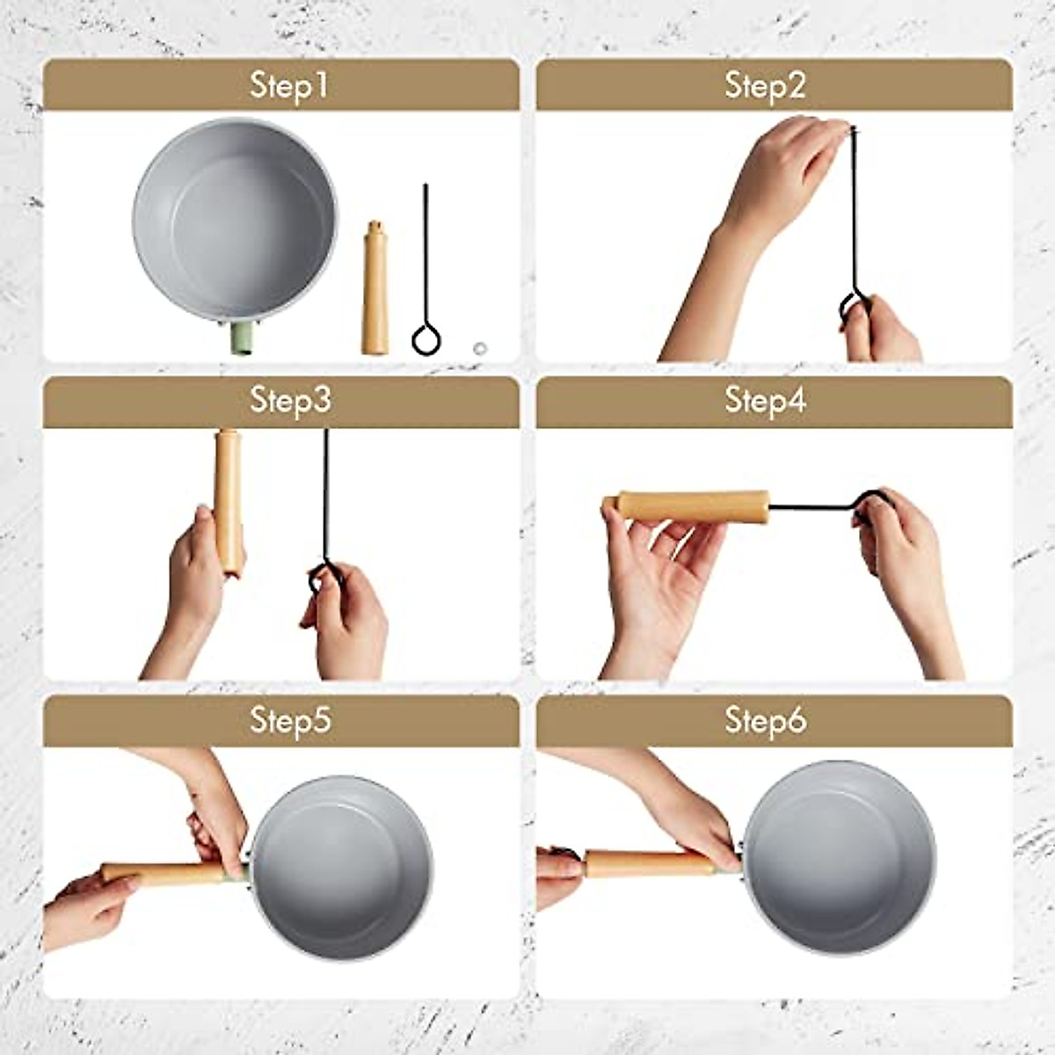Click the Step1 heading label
[x=288, y=86]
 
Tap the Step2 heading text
[x=765, y=86]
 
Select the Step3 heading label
[x=290, y=400]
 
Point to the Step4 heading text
[x=765, y=400]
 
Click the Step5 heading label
[x=290, y=720]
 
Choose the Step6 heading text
[x=765, y=720]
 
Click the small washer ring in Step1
[x=480, y=348]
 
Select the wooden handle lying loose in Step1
[x=375, y=288]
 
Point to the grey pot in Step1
[x=235, y=220]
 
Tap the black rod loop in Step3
[x=322, y=576]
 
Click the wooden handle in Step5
[x=167, y=874]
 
